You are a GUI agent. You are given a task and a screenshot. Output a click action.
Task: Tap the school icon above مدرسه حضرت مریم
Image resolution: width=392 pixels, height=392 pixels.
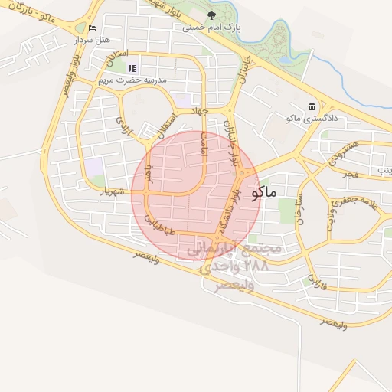click(x=132, y=68)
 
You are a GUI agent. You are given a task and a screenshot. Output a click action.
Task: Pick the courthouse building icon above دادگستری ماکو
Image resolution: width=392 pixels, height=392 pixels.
click(x=311, y=106)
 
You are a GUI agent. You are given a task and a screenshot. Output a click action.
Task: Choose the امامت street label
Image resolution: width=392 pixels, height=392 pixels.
click(x=204, y=143)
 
